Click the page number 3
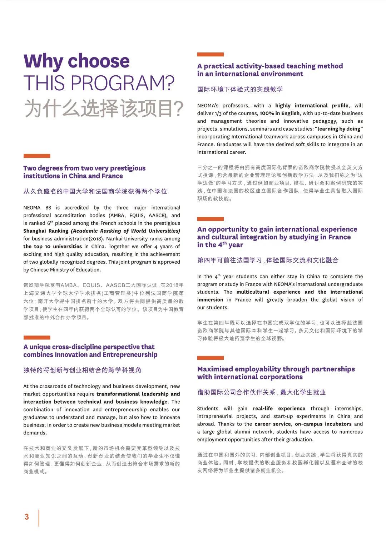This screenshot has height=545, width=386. (26, 517)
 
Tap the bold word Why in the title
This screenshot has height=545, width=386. (43, 61)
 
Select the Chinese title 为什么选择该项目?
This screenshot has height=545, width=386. (104, 109)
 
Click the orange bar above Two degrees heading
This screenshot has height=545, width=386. (37, 156)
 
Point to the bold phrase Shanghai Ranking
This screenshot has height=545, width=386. (46, 231)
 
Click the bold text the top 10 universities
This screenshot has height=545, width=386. (53, 247)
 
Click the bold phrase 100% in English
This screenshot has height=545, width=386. (279, 113)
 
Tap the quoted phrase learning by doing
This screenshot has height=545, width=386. (339, 129)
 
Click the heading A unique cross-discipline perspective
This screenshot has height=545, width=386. (89, 347)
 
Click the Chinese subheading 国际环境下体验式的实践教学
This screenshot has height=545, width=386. (240, 89)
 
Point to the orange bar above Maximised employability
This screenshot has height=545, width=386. (211, 358)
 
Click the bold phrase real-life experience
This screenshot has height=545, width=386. (279, 409)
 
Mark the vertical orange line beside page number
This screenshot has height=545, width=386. (39, 518)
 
